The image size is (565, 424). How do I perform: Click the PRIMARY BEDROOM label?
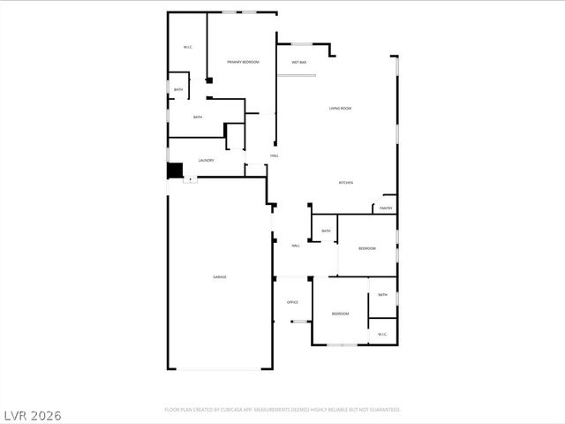pos(243,62)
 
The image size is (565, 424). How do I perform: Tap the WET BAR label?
pos(298,63)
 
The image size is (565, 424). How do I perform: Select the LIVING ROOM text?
pos(341,109)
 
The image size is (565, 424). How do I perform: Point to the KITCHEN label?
pos(346,183)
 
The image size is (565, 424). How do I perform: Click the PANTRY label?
pos(386,208)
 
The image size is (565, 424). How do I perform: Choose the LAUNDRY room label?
pos(206,161)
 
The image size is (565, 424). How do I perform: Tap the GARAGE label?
pos(220,277)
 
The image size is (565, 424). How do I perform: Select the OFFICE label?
pos(292,303)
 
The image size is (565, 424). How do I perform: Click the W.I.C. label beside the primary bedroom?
pos(188,47)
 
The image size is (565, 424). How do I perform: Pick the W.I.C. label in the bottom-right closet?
pos(382,334)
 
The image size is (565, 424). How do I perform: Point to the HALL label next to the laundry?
pos(275,156)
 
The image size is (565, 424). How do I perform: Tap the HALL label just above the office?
pos(296,246)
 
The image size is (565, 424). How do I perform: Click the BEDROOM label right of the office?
pos(340,314)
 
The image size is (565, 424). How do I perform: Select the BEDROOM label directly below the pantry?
pos(367,248)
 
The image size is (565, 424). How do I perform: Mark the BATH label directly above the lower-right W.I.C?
pos(382,295)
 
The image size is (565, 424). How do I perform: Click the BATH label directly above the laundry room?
pos(198,117)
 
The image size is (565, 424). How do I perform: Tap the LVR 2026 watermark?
pos(33,414)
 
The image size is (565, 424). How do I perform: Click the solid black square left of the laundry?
pos(175,170)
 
